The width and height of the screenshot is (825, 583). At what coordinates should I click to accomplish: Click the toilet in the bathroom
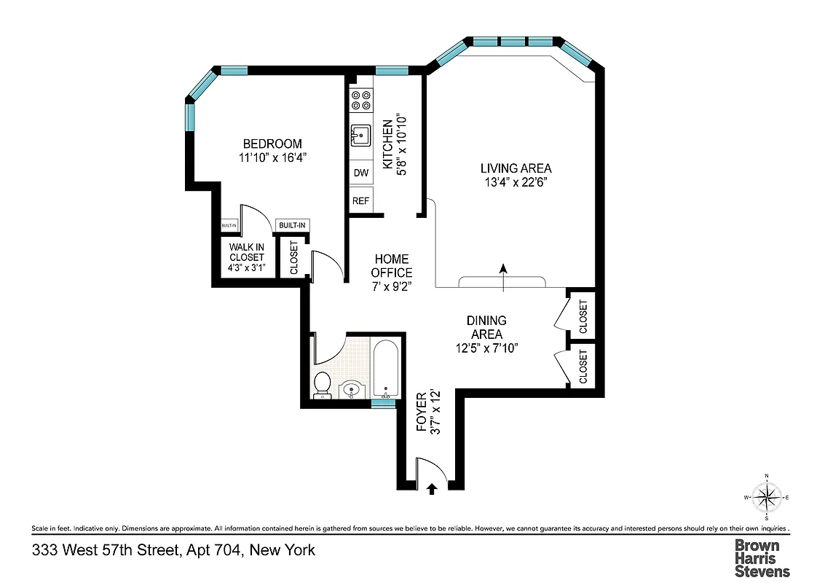point(322,385)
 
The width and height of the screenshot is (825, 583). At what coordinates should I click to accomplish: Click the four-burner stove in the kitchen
point(360,100)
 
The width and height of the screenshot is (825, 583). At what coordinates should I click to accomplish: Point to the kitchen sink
point(360,136)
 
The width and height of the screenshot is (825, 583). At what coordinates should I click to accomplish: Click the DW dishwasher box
point(360,173)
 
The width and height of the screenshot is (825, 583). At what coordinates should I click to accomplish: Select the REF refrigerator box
point(360,200)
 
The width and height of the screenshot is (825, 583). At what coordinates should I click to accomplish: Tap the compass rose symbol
point(766,498)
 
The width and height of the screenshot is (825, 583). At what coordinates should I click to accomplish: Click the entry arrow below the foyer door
point(432,489)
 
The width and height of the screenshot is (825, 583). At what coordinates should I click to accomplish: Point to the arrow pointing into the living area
point(502,277)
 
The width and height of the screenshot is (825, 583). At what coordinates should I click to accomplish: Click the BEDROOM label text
point(272,144)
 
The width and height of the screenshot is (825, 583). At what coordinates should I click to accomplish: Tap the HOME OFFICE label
point(392,266)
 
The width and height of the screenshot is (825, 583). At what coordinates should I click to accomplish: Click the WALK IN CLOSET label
point(247,251)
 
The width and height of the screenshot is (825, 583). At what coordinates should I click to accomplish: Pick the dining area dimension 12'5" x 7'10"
point(486,348)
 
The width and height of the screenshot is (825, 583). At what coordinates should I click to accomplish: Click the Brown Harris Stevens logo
point(762,557)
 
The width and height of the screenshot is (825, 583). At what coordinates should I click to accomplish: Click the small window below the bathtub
point(383,403)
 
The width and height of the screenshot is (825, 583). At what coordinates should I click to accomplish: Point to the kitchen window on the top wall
point(392,71)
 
